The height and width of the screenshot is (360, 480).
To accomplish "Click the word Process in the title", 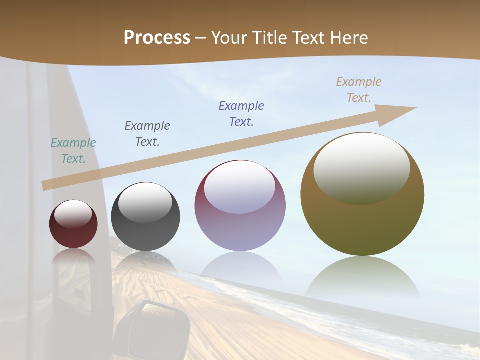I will (157, 38).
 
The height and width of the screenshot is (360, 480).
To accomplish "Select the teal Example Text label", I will (73, 151).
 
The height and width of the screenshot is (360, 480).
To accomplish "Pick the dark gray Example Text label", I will (147, 134).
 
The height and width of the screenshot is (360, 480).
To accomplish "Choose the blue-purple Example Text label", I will (241, 114).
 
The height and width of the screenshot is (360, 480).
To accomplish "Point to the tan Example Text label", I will (358, 90).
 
